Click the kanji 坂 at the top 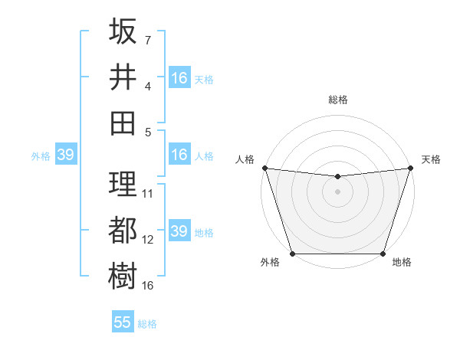(123, 31)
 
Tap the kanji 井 (123, 76)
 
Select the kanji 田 (123, 122)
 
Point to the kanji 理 (123, 183)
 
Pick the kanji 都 (123, 230)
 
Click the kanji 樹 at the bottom (123, 275)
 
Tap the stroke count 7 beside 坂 (147, 40)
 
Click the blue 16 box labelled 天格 (179, 77)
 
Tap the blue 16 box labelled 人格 (179, 155)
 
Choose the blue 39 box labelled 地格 (179, 231)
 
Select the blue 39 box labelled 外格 (65, 155)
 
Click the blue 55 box (123, 322)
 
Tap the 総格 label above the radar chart (337, 100)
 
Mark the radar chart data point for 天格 (410, 168)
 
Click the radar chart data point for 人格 (264, 168)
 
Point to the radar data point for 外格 (292, 254)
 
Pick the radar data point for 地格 (383, 254)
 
